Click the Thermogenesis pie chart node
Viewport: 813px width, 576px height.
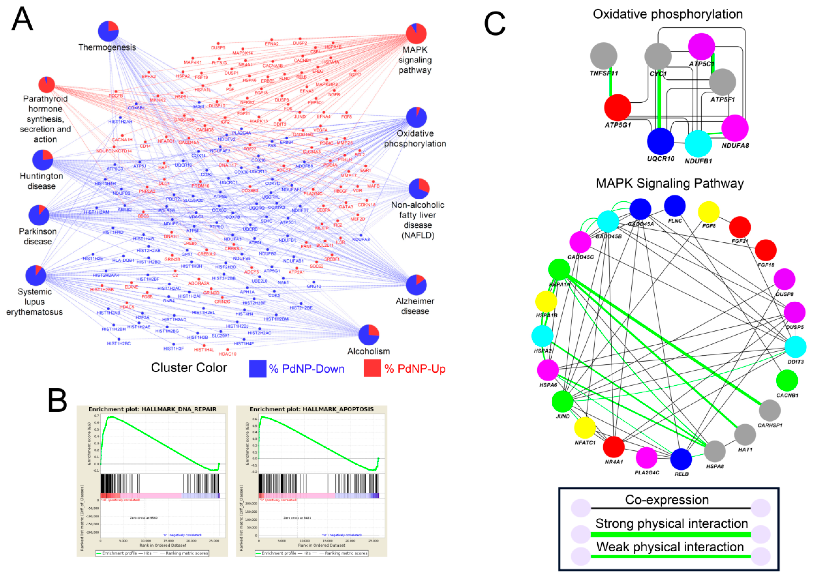tap(108, 31)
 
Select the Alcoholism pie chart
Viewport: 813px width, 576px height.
tap(369, 334)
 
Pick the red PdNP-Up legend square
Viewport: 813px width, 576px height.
tap(372, 368)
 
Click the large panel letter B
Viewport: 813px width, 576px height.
tap(57, 400)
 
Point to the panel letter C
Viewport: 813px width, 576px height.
tap(495, 23)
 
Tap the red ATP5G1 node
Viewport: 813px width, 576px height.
tap(617, 108)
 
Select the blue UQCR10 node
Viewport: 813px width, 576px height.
tap(660, 141)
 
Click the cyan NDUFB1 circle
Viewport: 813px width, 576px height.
tap(698, 144)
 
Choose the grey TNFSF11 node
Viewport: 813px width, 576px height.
tap(604, 56)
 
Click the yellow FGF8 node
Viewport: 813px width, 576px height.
tap(709, 212)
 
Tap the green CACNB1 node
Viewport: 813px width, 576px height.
tap(787, 380)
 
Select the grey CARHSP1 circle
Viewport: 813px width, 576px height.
tap(770, 410)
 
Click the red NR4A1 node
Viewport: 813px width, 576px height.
tap(614, 447)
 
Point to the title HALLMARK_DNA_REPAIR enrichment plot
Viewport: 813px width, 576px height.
tap(152, 409)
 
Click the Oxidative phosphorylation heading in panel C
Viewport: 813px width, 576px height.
tap(668, 14)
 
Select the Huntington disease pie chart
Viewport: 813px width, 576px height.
tap(43, 160)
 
